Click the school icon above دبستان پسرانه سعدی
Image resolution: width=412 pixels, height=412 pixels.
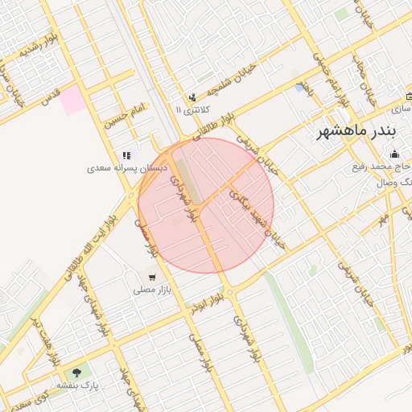(126, 155)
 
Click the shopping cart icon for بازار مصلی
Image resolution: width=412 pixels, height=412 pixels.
(151, 277)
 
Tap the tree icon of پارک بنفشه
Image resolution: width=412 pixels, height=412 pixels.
(76, 372)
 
